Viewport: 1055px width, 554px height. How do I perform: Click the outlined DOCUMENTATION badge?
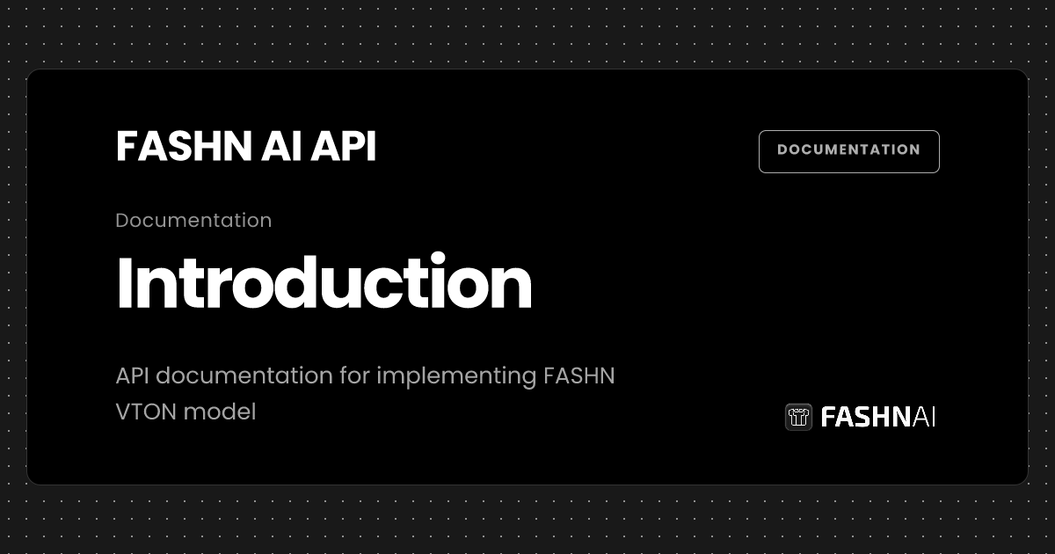(x=848, y=150)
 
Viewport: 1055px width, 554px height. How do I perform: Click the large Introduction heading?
(x=324, y=283)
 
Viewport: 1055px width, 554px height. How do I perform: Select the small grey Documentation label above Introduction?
(x=193, y=220)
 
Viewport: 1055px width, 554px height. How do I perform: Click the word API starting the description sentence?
(x=133, y=376)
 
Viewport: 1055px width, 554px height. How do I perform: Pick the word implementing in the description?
(x=457, y=376)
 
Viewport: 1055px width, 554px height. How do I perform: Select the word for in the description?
(x=354, y=376)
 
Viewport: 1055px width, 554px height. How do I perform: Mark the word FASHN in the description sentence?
(x=579, y=376)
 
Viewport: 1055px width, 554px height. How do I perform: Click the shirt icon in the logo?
(x=798, y=417)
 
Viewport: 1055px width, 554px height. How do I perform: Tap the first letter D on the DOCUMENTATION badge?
(x=782, y=150)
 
